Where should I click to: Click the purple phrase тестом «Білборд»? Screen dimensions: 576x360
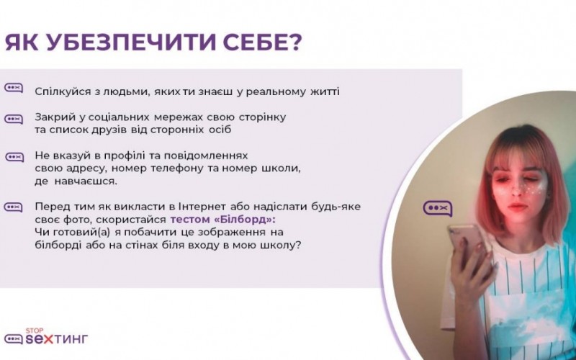coord(222,220)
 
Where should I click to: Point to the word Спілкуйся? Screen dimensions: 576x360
coord(63,91)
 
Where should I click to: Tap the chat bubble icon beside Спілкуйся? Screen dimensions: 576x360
coord(14,88)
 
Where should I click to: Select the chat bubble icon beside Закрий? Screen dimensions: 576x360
coord(14,120)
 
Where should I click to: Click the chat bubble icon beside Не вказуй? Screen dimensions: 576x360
coord(14,157)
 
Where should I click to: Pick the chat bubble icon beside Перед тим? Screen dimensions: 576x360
coord(13,207)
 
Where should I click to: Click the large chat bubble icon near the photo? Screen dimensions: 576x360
coord(438,208)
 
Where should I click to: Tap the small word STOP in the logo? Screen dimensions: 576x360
coord(35,330)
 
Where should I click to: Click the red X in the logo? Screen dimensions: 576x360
coord(48,338)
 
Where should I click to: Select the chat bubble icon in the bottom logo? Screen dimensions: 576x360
coord(14,338)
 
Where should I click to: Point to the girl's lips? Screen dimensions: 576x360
coord(518,207)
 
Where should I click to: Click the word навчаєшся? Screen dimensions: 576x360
coord(86,181)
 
